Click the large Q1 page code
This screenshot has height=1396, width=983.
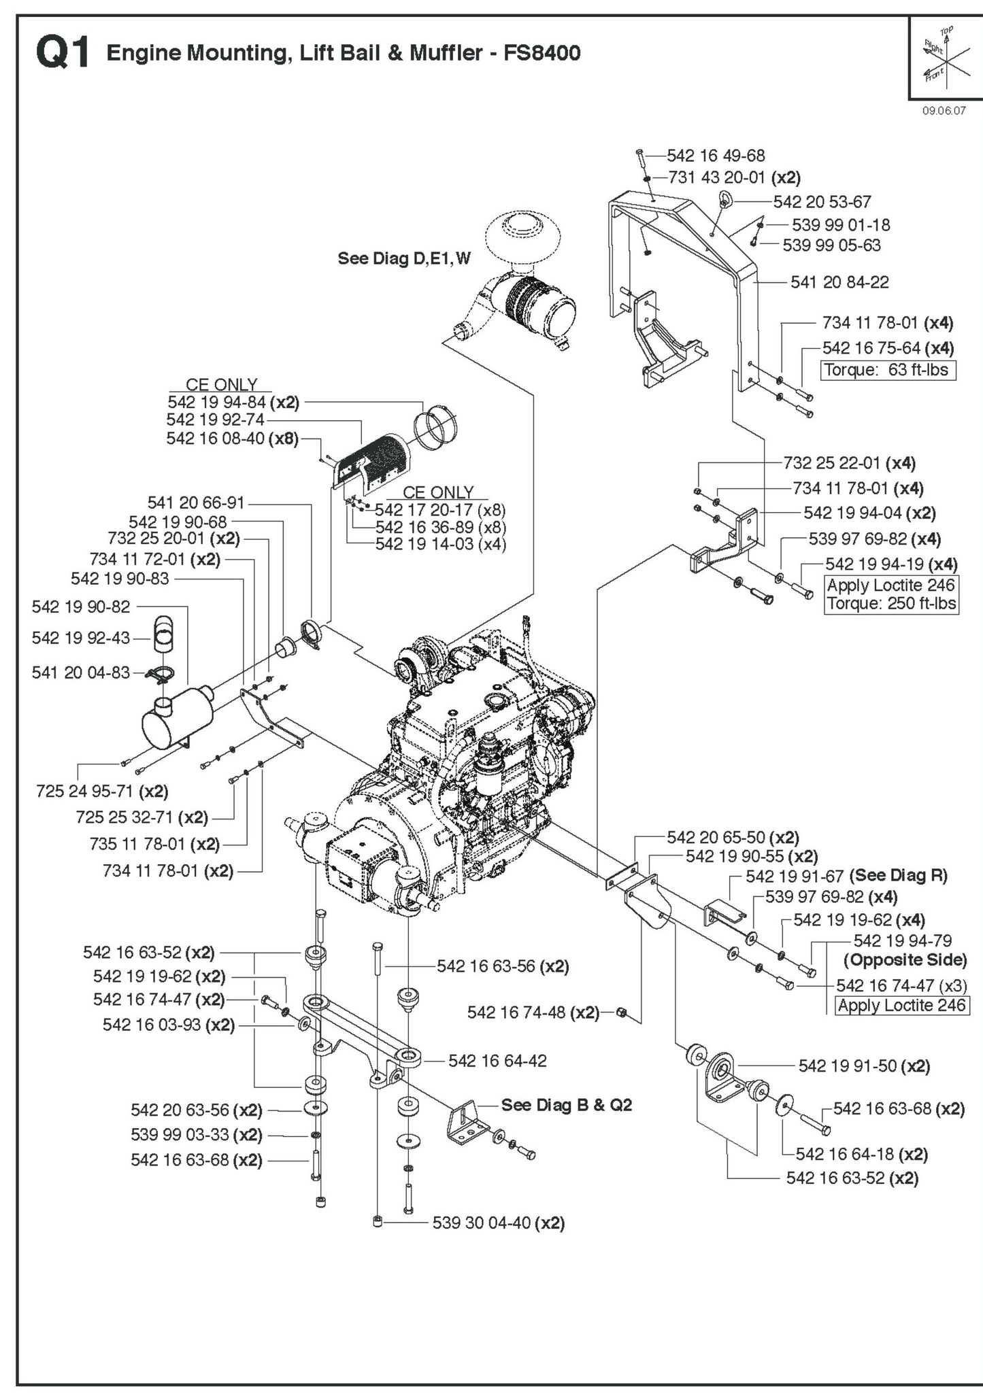pos(63,53)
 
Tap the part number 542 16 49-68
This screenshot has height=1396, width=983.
pos(716,156)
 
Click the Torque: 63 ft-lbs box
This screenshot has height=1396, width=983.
pos(888,371)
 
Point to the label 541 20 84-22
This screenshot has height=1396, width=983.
pos(839,282)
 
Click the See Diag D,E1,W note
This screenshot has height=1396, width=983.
pos(404,258)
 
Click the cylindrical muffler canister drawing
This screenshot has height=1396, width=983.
pos(176,721)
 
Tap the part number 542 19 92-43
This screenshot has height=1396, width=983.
pos(80,638)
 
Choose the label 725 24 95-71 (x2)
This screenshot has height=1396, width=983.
pos(102,791)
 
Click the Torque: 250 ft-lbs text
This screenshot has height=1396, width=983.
pos(891,604)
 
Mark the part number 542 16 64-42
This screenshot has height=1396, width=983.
pos(497,1061)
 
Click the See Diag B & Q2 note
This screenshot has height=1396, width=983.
pos(566,1105)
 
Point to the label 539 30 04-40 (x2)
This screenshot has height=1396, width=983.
pos(499,1223)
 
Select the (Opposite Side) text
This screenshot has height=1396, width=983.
pos(905,960)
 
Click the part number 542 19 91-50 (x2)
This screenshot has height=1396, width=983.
pos(864,1066)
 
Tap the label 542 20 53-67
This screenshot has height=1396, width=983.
pos(822,202)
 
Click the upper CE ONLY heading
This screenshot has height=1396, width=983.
pos(222,385)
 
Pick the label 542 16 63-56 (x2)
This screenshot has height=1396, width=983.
pos(503,966)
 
